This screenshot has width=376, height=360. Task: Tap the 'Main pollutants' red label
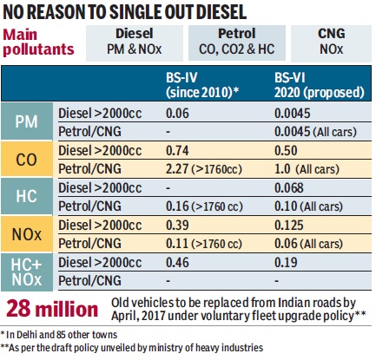[x=38, y=42]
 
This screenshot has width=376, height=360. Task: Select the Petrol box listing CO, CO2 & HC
[x=237, y=43]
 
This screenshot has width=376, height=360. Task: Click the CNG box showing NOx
[x=331, y=43]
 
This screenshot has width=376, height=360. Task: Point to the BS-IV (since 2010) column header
[x=202, y=85]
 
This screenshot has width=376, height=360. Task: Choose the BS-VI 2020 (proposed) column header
[x=319, y=85]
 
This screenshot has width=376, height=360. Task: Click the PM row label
[x=27, y=121]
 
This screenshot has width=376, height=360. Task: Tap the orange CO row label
[x=27, y=159]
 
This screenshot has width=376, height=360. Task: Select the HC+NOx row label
[x=27, y=272]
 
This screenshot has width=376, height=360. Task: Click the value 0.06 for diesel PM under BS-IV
[x=177, y=113]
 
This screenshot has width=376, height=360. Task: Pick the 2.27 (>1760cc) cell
[x=204, y=169]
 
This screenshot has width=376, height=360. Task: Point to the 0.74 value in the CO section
[x=177, y=151]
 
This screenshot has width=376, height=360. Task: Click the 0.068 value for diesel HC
[x=289, y=188]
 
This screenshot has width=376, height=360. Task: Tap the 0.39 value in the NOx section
[x=177, y=226]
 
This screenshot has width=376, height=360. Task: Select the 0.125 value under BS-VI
[x=289, y=226]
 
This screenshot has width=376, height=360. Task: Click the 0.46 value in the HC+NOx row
[x=177, y=263]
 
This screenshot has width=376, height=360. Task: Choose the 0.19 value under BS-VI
[x=286, y=263]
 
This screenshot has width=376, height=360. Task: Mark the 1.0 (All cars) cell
[x=307, y=169]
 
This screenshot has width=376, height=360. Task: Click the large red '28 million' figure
[x=52, y=309]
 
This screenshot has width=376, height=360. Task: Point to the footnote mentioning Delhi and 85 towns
[x=59, y=335]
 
